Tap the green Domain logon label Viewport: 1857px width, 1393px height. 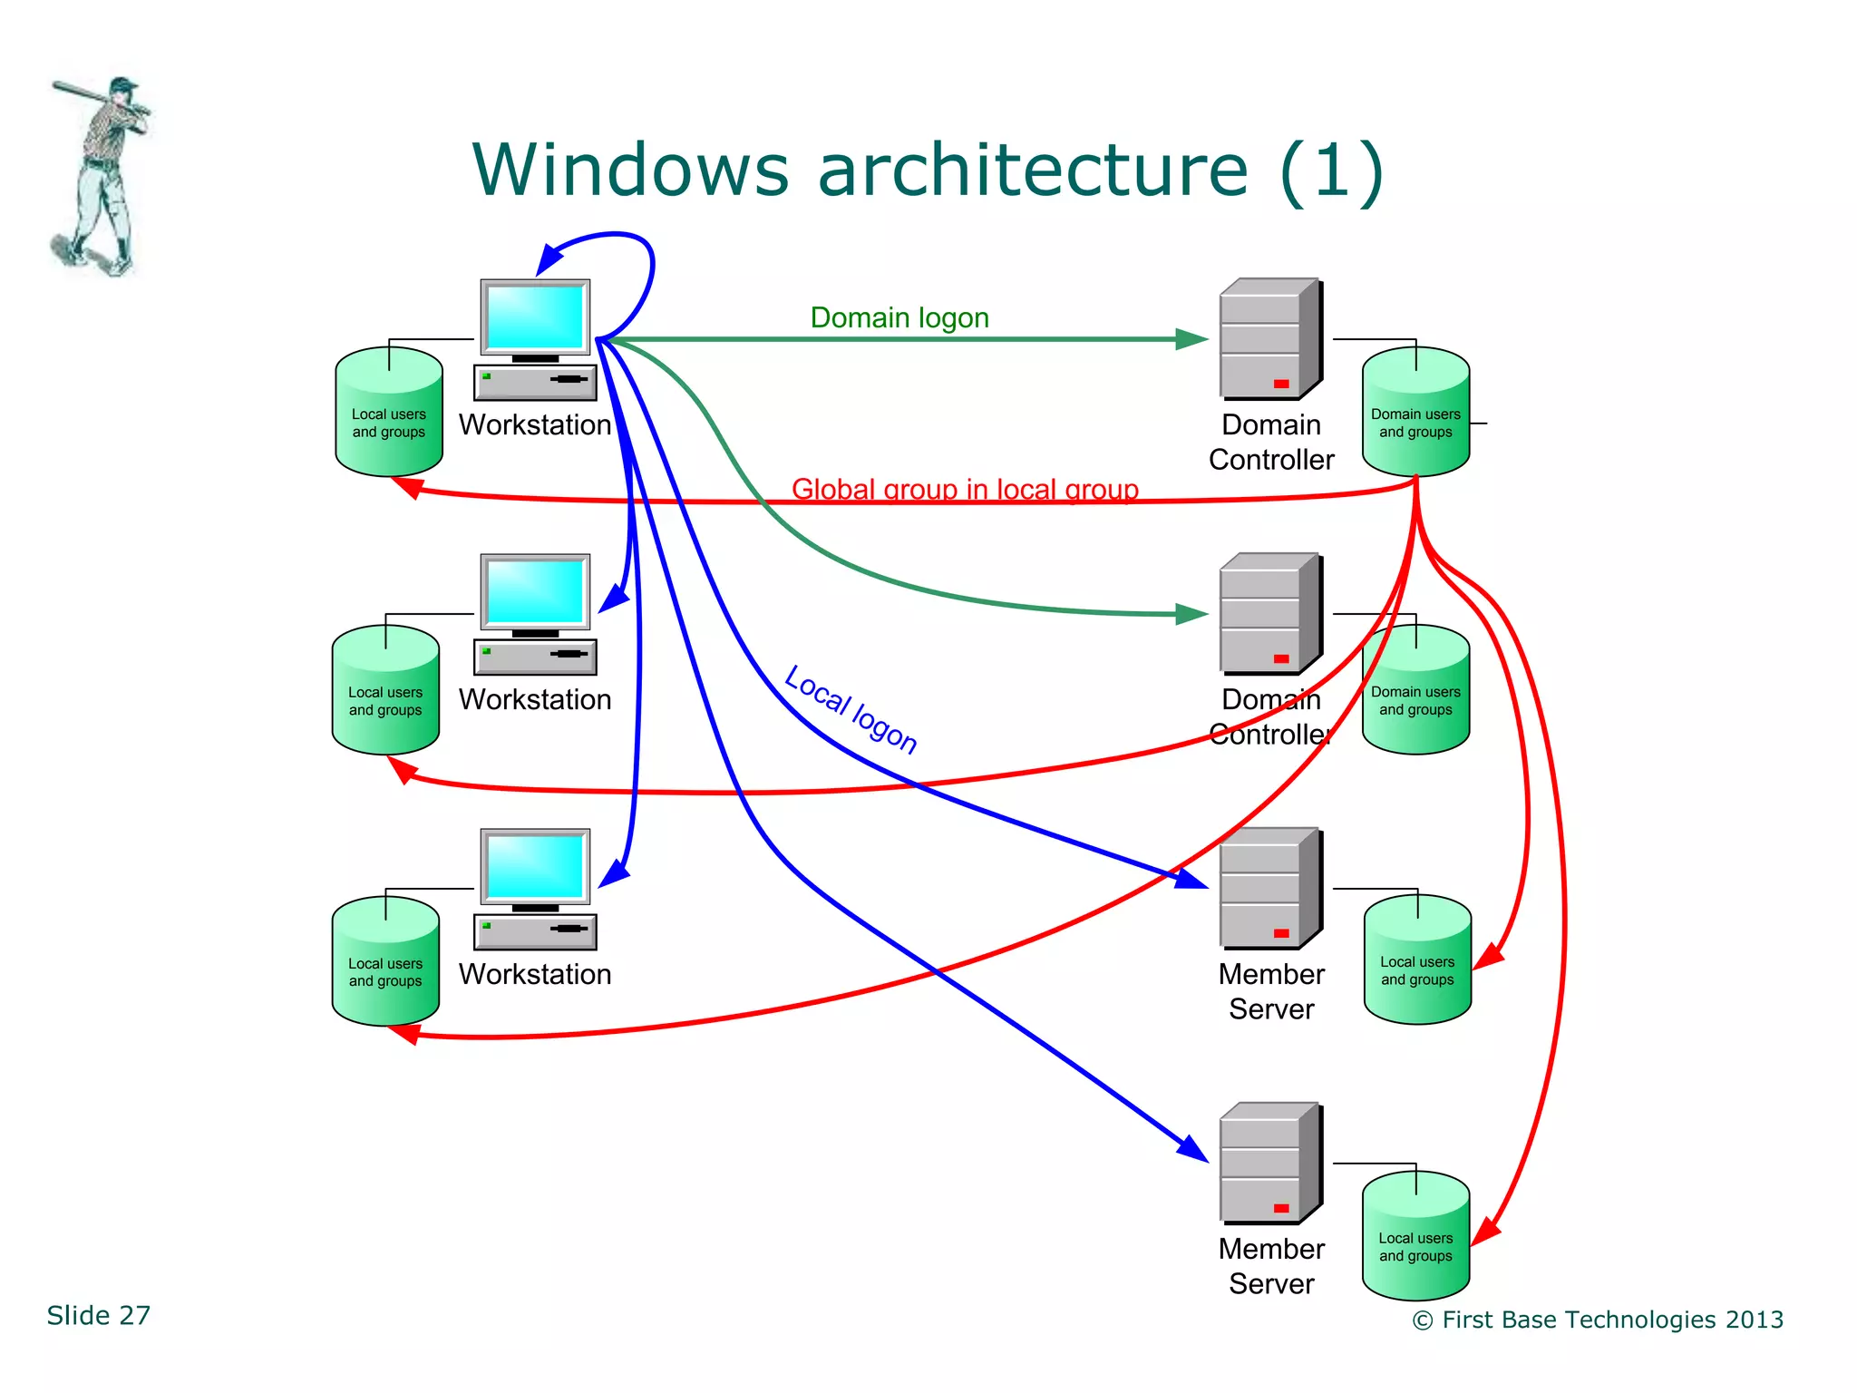pos(899,317)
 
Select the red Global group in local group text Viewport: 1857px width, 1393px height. pos(964,489)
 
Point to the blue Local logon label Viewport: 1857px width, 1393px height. pos(851,709)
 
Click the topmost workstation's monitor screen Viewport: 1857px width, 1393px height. pos(535,317)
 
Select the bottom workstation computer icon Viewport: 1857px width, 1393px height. pos(535,889)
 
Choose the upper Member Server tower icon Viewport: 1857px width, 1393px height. pos(1269,888)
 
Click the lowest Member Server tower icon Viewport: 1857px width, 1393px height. pos(1269,1163)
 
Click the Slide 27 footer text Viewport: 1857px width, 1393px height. pos(99,1315)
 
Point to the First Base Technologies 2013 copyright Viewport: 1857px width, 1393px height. pos(1598,1320)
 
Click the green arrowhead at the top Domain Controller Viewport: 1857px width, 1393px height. pos(1191,339)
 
